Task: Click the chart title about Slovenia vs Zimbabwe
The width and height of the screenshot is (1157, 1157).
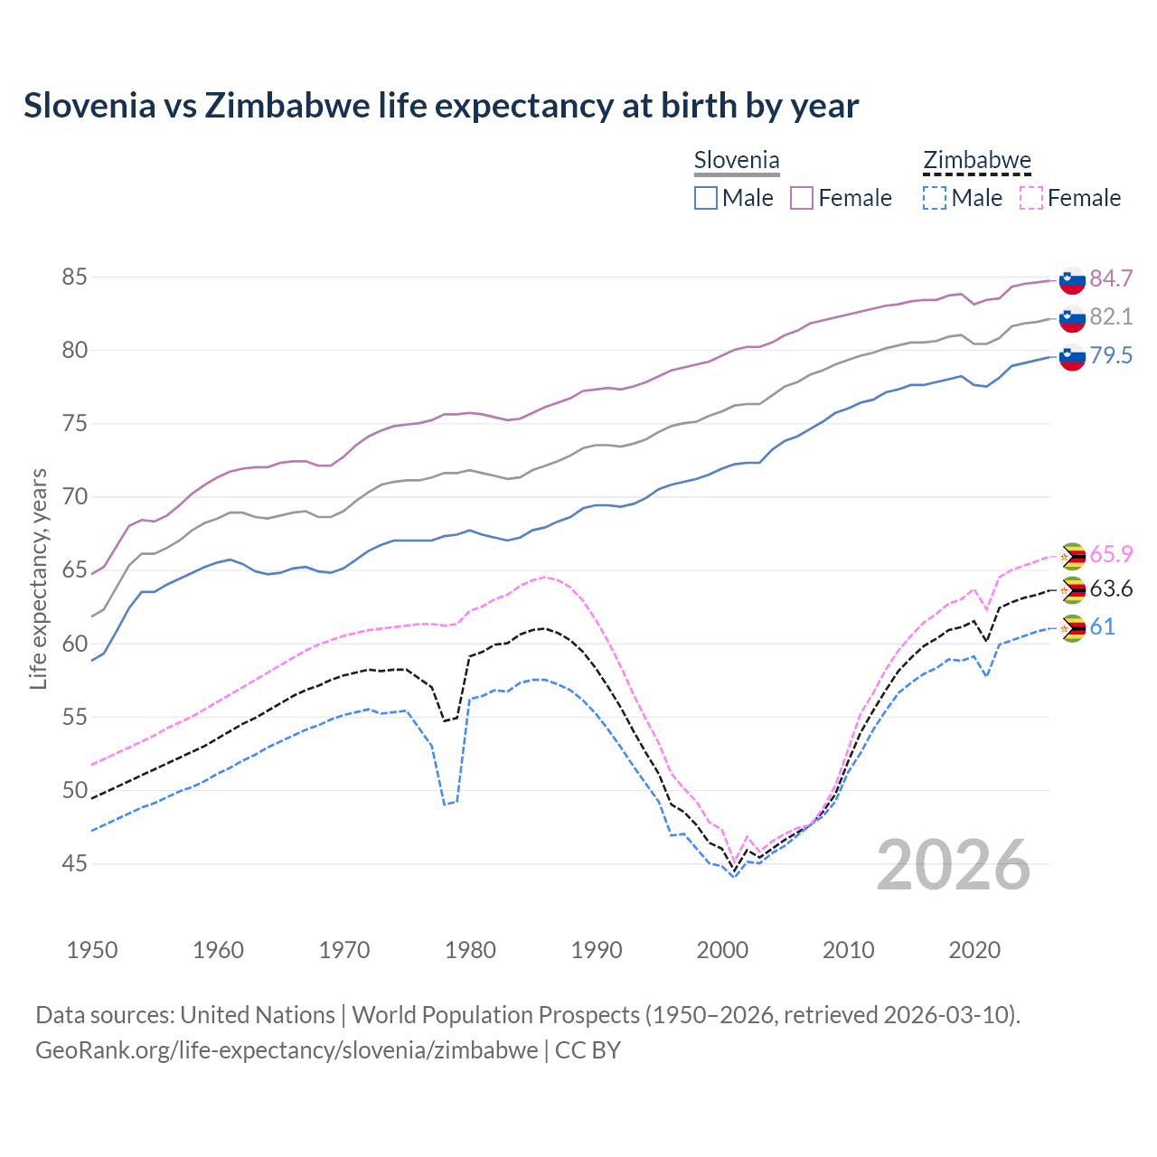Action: pos(441,106)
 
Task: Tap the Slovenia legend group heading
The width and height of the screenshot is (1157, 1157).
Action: pos(736,161)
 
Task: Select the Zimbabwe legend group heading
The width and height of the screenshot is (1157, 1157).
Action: pos(976,161)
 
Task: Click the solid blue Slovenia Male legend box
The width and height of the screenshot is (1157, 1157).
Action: pos(706,198)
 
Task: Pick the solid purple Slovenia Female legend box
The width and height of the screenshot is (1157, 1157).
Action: pos(802,198)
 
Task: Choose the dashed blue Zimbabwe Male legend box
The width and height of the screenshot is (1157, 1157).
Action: pos(935,198)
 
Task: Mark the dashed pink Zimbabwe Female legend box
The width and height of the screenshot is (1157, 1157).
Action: pos(1030,198)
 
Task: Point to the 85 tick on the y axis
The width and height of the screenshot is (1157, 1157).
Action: pos(74,277)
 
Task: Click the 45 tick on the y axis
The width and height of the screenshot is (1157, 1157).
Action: pos(74,864)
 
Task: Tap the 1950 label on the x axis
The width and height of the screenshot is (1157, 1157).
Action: pos(92,950)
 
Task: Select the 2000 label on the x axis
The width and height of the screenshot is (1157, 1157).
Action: pos(722,950)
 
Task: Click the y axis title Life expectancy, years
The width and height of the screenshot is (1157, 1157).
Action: pos(38,578)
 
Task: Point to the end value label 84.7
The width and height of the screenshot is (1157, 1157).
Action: pos(1111,278)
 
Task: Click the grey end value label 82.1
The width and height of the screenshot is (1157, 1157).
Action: pos(1111,316)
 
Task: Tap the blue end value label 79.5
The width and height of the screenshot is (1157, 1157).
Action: pos(1111,355)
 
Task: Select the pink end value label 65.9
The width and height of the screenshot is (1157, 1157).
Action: pos(1111,553)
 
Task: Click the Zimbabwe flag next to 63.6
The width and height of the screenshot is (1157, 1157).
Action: pos(1072,590)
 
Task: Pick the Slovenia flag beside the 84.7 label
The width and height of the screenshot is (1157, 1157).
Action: pos(1072,280)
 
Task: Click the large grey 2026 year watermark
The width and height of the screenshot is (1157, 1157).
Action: pos(954,865)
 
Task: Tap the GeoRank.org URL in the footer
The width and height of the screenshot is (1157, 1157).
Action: pos(286,1050)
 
